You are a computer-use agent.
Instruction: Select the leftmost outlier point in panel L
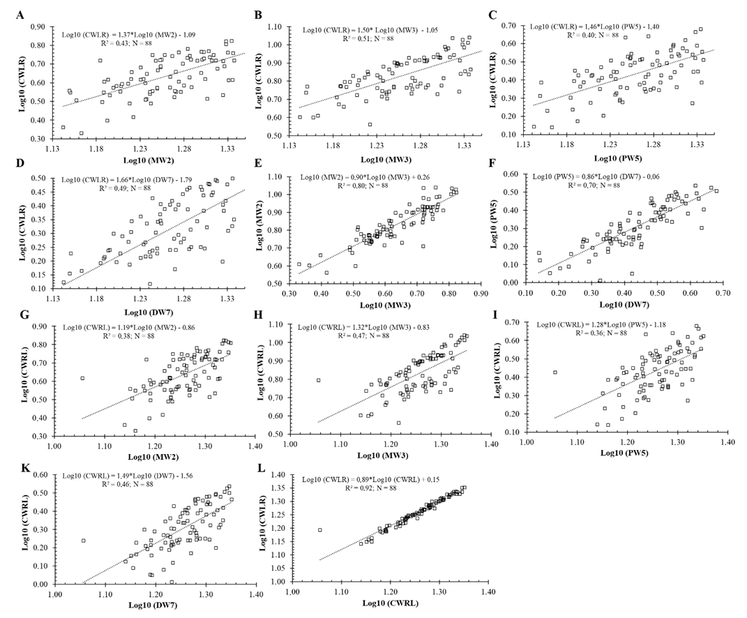pos(320,530)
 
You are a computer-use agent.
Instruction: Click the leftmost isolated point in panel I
pos(555,372)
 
